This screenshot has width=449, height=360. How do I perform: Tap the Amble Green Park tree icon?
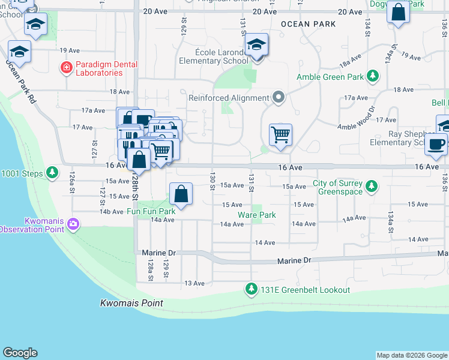click(373, 77)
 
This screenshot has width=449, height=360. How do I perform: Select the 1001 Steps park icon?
click(53, 173)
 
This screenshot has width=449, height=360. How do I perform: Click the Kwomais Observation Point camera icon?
click(73, 224)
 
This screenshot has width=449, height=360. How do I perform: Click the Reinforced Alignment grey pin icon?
click(278, 97)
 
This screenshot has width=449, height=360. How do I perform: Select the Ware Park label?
click(256, 215)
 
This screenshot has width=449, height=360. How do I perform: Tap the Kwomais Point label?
click(131, 304)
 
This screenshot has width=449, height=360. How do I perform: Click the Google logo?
click(20, 353)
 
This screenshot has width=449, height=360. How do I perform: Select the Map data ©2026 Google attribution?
click(411, 355)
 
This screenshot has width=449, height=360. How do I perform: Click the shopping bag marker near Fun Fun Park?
click(181, 194)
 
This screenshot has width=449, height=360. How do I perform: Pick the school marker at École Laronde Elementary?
click(256, 45)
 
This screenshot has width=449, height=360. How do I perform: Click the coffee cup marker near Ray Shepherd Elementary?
click(436, 144)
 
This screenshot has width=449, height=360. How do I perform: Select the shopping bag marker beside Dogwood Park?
click(398, 11)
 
